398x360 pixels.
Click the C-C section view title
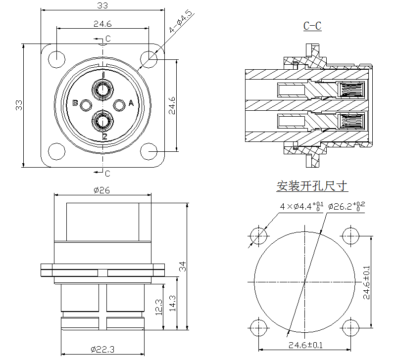(312, 26)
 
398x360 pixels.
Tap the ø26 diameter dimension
(101, 190)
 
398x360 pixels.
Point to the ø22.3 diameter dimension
(102, 349)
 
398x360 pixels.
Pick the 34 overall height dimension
(182, 268)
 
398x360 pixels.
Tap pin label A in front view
(131, 103)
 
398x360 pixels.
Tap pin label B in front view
(75, 103)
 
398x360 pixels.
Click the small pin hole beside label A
(120, 105)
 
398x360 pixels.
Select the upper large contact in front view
(103, 90)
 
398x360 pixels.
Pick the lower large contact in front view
(103, 121)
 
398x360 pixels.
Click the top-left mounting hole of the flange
(57, 57)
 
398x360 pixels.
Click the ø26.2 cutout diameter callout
(346, 206)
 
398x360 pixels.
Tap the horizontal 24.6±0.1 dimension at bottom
(304, 345)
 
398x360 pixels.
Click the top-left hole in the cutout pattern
(258, 235)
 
